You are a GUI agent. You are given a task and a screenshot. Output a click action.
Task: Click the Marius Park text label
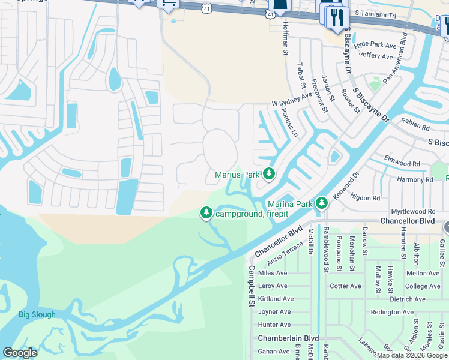237,175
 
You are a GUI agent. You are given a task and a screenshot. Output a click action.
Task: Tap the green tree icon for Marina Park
321,204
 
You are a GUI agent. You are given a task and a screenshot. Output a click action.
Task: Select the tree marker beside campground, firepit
206,213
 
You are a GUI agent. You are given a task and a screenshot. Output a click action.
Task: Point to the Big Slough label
37,314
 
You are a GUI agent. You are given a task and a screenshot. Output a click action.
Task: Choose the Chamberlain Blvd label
288,338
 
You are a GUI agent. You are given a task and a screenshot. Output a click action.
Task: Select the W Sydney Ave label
292,99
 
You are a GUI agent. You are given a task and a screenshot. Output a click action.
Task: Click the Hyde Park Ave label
375,45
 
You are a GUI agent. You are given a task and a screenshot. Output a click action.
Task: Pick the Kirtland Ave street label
276,299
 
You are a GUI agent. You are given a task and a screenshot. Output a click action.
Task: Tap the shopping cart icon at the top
169,4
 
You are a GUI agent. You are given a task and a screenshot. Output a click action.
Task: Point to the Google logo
20,353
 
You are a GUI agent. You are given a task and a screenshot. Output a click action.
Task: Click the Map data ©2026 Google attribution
412,355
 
